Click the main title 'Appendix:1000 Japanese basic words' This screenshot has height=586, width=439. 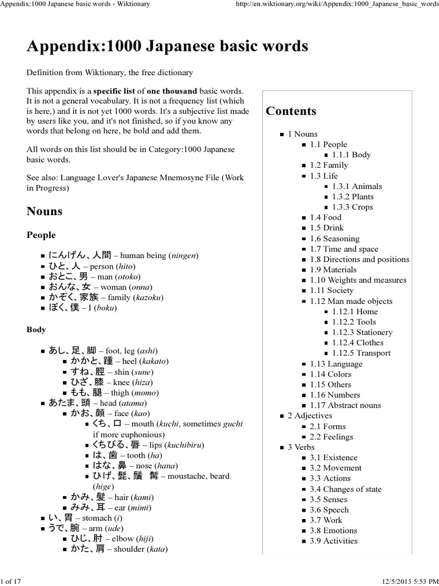(x=167, y=46)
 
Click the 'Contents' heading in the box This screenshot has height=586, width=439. (x=291, y=111)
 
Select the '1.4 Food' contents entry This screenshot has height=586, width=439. (x=325, y=217)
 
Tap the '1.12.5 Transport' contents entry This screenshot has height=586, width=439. (x=361, y=353)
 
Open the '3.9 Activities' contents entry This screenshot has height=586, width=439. (x=334, y=541)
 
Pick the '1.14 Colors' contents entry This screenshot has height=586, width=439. (x=330, y=374)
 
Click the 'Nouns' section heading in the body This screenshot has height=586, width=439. (x=45, y=211)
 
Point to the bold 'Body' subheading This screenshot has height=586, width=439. (x=37, y=330)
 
